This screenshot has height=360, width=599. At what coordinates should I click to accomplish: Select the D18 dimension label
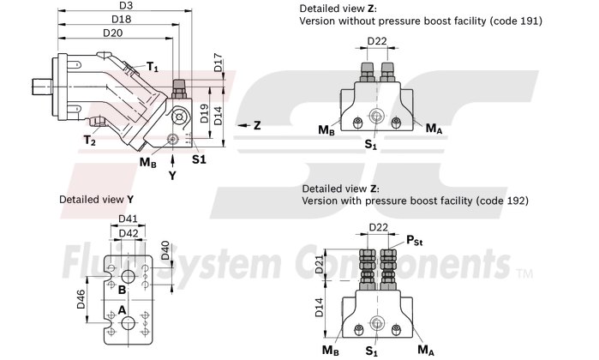(122, 20)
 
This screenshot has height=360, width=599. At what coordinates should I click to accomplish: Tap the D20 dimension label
(113, 33)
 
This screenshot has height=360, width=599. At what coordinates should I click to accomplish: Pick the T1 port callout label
(151, 67)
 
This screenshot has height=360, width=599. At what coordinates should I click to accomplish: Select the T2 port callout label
(89, 140)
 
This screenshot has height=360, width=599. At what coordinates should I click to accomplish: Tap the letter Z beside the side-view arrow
(256, 125)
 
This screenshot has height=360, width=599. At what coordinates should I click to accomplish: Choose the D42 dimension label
(129, 232)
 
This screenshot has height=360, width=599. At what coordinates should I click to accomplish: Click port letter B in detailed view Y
(123, 289)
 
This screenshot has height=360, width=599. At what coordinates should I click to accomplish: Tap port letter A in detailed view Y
(123, 309)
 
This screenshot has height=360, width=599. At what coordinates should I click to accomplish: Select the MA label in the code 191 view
(433, 129)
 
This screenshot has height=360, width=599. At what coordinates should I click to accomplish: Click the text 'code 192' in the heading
(504, 200)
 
